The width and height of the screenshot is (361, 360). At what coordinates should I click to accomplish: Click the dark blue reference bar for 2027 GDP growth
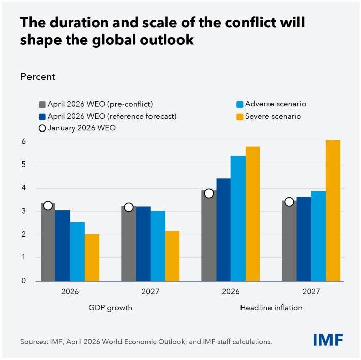pos(143,244)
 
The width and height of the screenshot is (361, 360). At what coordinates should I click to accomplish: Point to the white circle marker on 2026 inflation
pos(208,193)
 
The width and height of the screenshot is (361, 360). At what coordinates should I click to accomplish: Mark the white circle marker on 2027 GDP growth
pos(128,207)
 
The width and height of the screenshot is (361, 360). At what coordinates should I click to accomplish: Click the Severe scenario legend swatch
pos(238,116)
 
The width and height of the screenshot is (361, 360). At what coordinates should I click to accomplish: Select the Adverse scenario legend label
pos(275,104)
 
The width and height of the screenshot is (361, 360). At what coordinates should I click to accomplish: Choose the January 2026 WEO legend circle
pos(42,128)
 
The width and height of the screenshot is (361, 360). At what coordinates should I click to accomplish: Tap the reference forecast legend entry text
pos(112,116)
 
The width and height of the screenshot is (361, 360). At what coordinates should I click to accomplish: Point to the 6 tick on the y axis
pos(23,142)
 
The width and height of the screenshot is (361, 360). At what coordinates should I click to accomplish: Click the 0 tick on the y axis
pos(23,281)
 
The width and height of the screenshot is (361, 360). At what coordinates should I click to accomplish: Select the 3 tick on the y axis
pos(23,211)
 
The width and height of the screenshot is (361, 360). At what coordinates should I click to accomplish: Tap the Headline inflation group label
pos(271,307)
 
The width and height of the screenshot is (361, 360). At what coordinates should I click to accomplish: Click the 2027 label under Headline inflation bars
pos(311,292)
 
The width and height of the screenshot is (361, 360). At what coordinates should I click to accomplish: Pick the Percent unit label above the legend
pos(38,77)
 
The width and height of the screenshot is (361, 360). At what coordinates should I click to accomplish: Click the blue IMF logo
pos(327,340)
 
